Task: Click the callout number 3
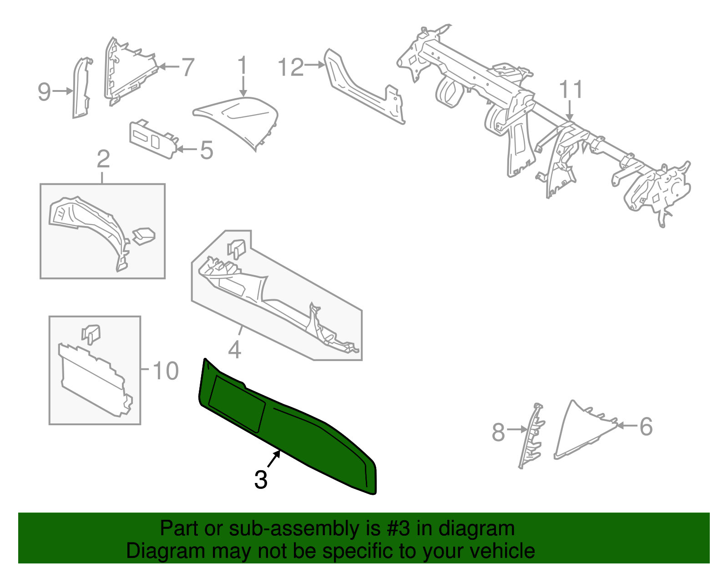click(261, 480)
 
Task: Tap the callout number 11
click(571, 90)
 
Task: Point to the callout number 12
click(291, 68)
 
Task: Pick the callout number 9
click(44, 92)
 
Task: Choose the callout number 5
click(207, 151)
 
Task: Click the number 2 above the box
click(103, 160)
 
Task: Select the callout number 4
click(234, 350)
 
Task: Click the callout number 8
click(498, 432)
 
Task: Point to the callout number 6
click(646, 427)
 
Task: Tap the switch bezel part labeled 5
click(152, 139)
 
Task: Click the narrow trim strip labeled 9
click(81, 89)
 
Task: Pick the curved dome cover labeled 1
click(241, 118)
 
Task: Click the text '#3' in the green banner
click(398, 529)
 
